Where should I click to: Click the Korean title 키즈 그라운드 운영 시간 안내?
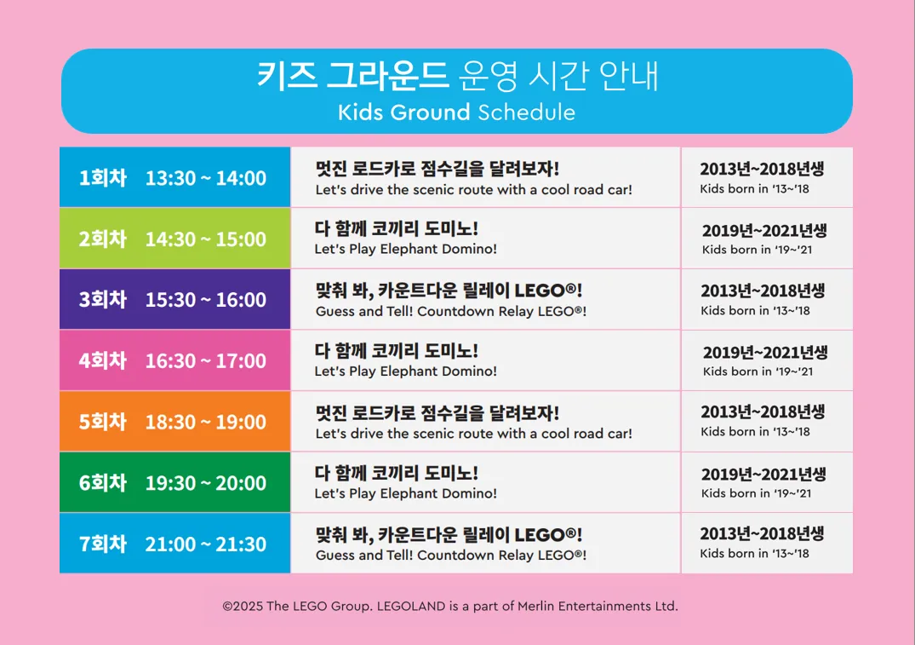(x=458, y=76)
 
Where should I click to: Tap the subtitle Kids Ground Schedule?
(x=456, y=112)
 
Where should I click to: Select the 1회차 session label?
(x=103, y=177)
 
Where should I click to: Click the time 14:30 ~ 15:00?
(x=205, y=239)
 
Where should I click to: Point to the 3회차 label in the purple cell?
(x=103, y=299)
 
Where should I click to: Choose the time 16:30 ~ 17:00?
(x=205, y=360)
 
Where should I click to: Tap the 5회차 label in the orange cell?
(x=103, y=421)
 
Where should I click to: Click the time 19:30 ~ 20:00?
(x=205, y=482)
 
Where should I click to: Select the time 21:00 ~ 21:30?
(x=205, y=544)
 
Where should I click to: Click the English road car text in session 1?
(x=474, y=190)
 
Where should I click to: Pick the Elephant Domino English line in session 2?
(x=405, y=249)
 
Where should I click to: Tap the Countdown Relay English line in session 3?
(x=451, y=311)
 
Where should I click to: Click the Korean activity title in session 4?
(x=397, y=350)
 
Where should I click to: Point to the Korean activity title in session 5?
(x=437, y=412)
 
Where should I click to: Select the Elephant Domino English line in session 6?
(x=405, y=493)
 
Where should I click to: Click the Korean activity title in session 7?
(x=449, y=534)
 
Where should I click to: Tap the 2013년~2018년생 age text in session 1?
(x=762, y=169)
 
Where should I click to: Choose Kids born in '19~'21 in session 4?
(x=758, y=371)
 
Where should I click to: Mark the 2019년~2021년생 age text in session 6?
(x=763, y=474)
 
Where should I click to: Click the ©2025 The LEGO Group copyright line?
(x=450, y=607)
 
